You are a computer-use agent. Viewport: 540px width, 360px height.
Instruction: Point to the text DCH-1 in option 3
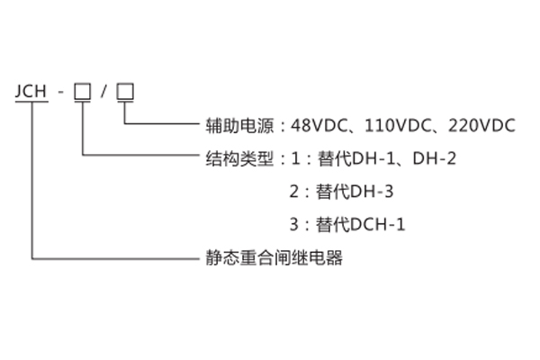point(379,224)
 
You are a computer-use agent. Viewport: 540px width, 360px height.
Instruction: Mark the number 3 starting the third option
point(293,224)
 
